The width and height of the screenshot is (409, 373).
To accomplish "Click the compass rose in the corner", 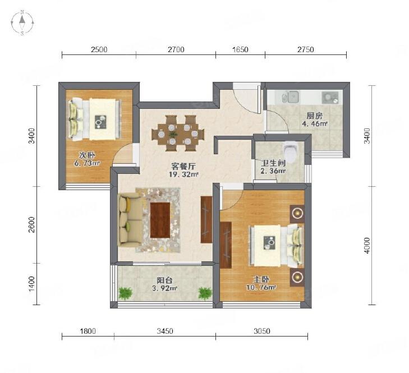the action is (22, 22).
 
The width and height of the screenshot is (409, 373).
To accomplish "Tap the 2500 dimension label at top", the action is (99, 49).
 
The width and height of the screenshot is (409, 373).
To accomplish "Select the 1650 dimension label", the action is (240, 49).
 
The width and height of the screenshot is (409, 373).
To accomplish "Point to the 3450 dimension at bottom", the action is (165, 331).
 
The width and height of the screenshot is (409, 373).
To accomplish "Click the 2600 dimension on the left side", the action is (31, 224).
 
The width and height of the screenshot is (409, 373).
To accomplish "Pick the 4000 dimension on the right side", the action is (367, 246).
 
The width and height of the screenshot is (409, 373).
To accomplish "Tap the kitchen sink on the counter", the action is (291, 97).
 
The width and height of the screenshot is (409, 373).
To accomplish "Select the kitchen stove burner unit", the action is (330, 98).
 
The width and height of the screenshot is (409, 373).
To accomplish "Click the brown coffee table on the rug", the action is (160, 220).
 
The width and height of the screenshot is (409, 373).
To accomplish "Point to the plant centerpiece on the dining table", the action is (172, 134).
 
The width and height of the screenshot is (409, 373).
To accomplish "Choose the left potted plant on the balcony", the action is (126, 293).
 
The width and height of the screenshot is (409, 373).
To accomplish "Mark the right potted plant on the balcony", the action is (205, 293).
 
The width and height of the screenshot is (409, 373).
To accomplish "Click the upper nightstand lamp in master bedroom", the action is (297, 214).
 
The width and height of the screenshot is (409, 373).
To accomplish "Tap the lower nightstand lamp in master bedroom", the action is (297, 277).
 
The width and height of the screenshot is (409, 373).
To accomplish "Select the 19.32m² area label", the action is (183, 174).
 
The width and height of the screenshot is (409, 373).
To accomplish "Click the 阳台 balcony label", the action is (164, 280).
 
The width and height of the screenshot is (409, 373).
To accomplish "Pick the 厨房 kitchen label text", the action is (315, 116).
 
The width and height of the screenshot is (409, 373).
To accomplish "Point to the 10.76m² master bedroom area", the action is (261, 287).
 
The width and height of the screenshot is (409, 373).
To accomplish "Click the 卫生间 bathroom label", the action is (273, 163).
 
